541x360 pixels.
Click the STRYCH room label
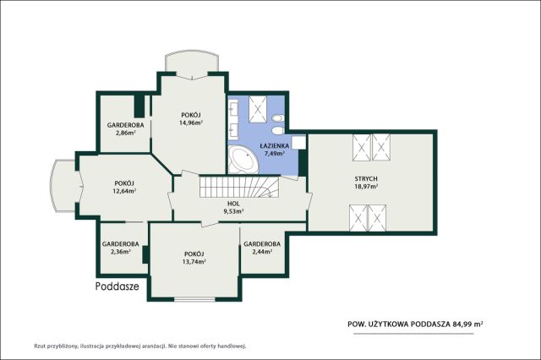[366, 178]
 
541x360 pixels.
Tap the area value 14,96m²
[191, 122]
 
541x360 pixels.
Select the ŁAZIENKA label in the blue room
[274, 146]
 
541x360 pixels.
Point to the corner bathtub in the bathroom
[243, 160]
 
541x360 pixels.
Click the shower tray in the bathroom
[258, 109]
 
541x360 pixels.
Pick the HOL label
[233, 204]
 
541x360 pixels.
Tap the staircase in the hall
[239, 187]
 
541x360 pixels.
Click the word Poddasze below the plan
[117, 286]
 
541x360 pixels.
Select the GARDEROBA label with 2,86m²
[125, 125]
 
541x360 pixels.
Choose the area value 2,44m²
[262, 252]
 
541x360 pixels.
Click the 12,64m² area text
[125, 191]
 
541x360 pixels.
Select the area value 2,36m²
[121, 252]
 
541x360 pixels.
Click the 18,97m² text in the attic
[366, 186]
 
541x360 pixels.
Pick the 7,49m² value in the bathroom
[274, 154]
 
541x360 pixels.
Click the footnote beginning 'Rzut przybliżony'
[139, 346]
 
